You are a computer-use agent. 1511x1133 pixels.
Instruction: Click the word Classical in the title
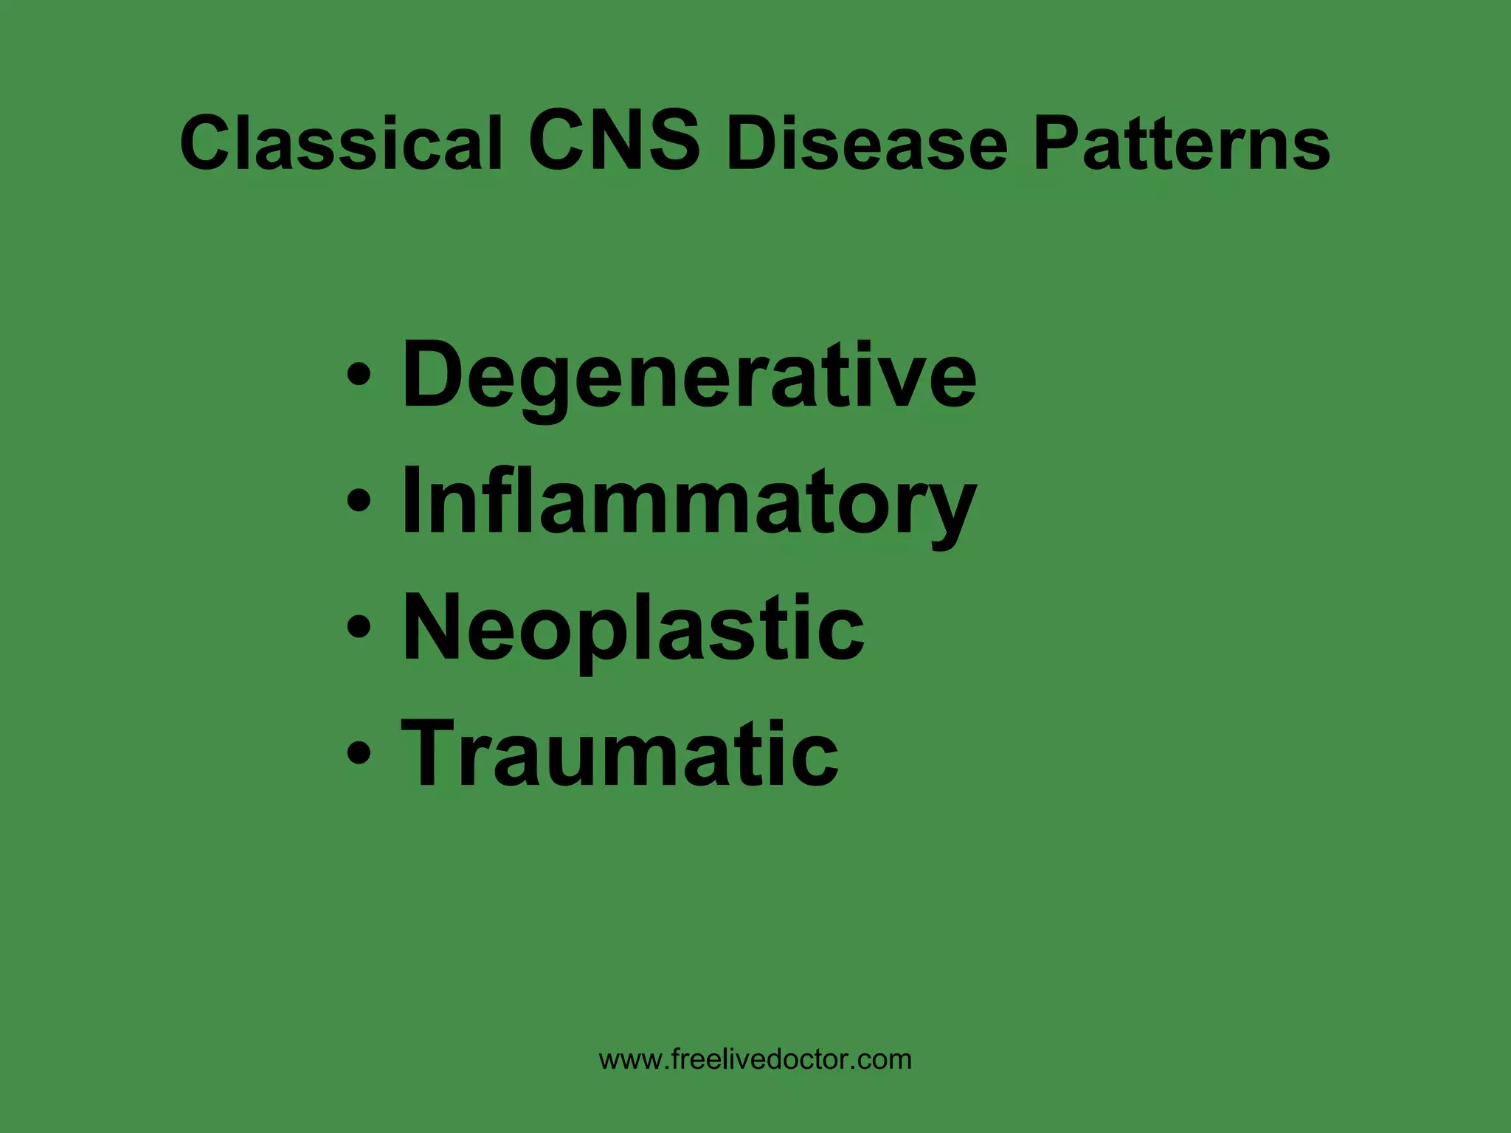click(x=341, y=143)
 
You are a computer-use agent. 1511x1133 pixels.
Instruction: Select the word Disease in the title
click(x=867, y=143)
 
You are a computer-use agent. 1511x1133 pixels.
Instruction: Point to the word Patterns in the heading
click(x=1181, y=143)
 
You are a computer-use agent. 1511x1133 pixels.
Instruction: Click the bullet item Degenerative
click(x=688, y=376)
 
